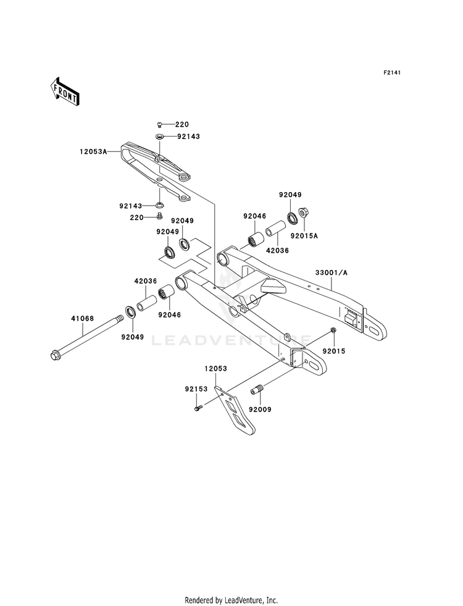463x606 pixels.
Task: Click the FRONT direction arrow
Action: point(64,91)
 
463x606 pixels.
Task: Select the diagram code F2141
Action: point(391,72)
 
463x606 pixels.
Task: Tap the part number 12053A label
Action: point(93,152)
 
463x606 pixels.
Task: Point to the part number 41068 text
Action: point(82,319)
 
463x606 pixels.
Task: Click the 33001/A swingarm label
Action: point(332,272)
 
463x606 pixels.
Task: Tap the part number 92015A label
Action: point(304,235)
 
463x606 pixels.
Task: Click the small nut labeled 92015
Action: point(333,330)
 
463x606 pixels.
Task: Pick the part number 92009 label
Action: point(260,410)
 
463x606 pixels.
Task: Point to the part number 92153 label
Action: point(196,389)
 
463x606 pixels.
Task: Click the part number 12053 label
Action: point(216,369)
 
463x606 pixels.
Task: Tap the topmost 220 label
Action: point(182,124)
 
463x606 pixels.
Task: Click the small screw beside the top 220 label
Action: point(159,124)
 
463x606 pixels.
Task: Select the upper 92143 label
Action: point(189,137)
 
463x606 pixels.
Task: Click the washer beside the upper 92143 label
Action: point(159,137)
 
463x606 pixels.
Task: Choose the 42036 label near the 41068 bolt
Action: point(146,281)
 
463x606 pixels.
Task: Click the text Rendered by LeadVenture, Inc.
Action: point(231,600)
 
